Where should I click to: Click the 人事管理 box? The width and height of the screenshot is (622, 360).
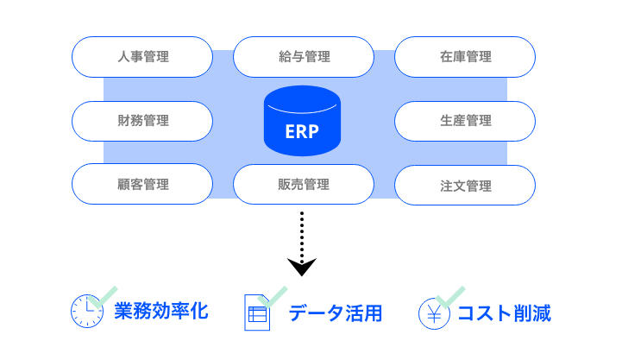pyautogui.click(x=142, y=57)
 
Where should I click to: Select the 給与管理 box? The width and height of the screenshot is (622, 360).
pyautogui.click(x=304, y=57)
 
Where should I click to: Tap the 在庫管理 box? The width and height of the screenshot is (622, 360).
pyautogui.click(x=465, y=57)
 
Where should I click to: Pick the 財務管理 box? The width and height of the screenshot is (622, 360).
pyautogui.click(x=142, y=121)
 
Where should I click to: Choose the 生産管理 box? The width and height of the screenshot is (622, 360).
pyautogui.click(x=465, y=121)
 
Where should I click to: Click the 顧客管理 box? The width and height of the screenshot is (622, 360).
pyautogui.click(x=142, y=184)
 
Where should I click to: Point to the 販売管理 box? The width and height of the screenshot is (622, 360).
pyautogui.click(x=304, y=184)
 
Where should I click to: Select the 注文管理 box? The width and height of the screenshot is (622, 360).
pyautogui.click(x=465, y=185)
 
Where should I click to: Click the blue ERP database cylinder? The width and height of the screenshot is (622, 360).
pyautogui.click(x=302, y=121)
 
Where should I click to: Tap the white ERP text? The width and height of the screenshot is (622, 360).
pyautogui.click(x=302, y=132)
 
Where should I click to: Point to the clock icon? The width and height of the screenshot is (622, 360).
pyautogui.click(x=87, y=311)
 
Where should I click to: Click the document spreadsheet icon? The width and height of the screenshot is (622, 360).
pyautogui.click(x=257, y=313)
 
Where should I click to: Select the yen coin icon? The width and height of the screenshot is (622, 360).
pyautogui.click(x=435, y=313)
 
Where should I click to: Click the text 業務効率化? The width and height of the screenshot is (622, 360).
pyautogui.click(x=161, y=311)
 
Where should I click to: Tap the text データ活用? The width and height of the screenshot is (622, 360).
pyautogui.click(x=336, y=313)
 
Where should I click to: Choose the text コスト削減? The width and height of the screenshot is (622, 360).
pyautogui.click(x=504, y=313)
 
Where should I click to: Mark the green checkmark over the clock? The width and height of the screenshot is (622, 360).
pyautogui.click(x=103, y=297)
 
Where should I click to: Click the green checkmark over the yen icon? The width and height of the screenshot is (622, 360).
pyautogui.click(x=449, y=297)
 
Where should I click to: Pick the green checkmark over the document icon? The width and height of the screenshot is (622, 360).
pyautogui.click(x=272, y=297)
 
